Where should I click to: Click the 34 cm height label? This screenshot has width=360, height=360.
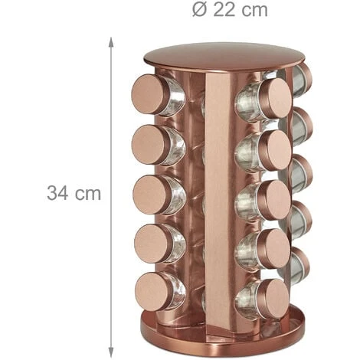tap(74, 193)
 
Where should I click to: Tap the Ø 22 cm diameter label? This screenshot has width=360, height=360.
tap(230, 10)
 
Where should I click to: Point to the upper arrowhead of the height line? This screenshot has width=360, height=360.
tap(110, 42)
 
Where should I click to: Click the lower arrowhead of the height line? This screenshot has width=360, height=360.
tap(110, 352)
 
